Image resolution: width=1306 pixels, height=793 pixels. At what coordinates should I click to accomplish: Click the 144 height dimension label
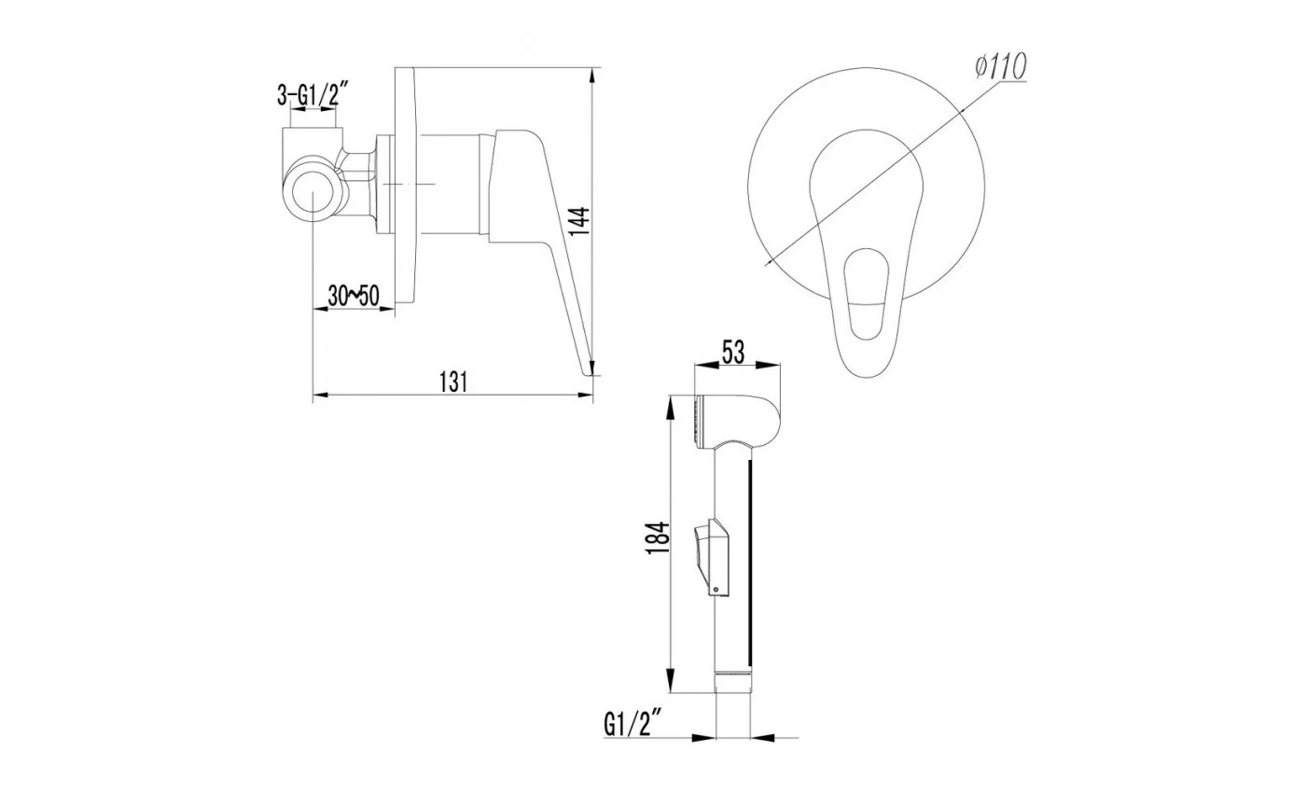coord(579,222)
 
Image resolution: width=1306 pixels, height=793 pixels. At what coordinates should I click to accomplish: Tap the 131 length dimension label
coord(453,382)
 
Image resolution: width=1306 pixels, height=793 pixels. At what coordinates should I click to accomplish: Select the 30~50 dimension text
coord(354,296)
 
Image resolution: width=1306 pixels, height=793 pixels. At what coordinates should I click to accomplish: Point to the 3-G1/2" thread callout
coord(313,94)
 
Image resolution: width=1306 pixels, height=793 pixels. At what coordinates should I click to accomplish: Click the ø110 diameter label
coord(1000,66)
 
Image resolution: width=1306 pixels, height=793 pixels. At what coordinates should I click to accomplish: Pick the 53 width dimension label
coord(733,353)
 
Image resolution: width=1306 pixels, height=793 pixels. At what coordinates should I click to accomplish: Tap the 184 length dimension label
coord(659,537)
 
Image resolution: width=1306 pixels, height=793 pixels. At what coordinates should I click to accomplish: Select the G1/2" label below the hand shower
coord(633,724)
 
